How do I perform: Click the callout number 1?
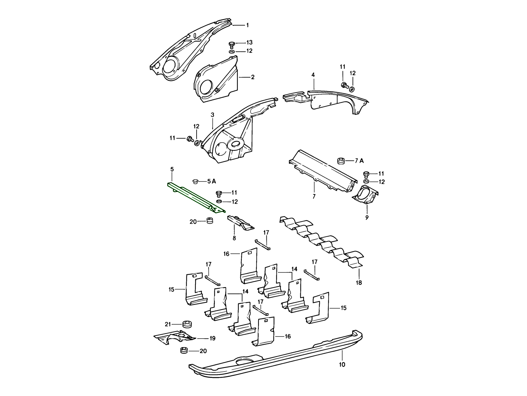click(247, 25)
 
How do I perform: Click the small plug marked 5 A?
click(195, 181)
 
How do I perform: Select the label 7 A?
click(359, 161)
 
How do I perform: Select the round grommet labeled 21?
click(187, 324)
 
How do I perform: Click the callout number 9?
click(367, 217)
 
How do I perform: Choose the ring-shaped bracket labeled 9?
click(365, 195)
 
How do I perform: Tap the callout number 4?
click(313, 75)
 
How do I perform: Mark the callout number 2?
click(253, 77)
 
